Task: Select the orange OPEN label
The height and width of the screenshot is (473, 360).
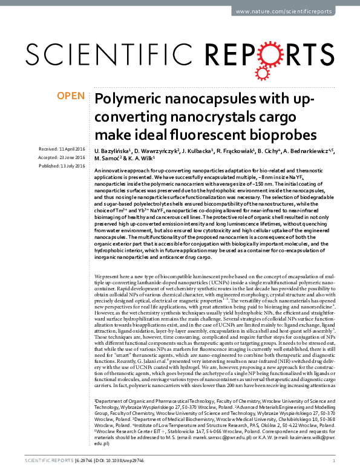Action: tap(70, 96)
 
